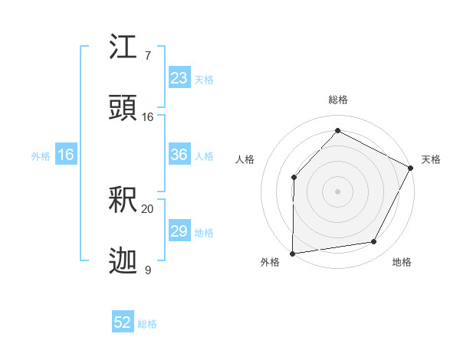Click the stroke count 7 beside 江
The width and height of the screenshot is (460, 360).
pyautogui.click(x=148, y=56)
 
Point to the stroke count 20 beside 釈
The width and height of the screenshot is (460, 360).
pyautogui.click(x=148, y=208)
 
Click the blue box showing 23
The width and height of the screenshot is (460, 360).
pyautogui.click(x=179, y=78)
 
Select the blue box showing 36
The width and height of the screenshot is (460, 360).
pyautogui.click(x=179, y=155)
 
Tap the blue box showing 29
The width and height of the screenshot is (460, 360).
pyautogui.click(x=179, y=231)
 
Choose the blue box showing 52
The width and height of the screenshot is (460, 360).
pyautogui.click(x=123, y=322)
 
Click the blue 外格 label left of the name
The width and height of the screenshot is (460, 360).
pyautogui.click(x=41, y=155)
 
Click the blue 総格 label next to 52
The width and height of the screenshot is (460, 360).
pyautogui.click(x=147, y=324)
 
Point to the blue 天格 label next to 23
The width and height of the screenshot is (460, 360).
pyautogui.click(x=204, y=79)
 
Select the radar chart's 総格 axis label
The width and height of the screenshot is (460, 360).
pyautogui.click(x=337, y=100)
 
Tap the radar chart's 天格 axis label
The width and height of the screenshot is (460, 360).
pyautogui.click(x=431, y=159)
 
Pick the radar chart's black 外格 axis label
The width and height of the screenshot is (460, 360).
pyautogui.click(x=269, y=263)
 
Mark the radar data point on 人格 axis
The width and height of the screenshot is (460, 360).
pyautogui.click(x=294, y=178)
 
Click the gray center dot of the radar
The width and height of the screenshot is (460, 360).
pyautogui.click(x=337, y=191)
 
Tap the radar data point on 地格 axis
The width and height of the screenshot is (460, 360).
pyautogui.click(x=374, y=242)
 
